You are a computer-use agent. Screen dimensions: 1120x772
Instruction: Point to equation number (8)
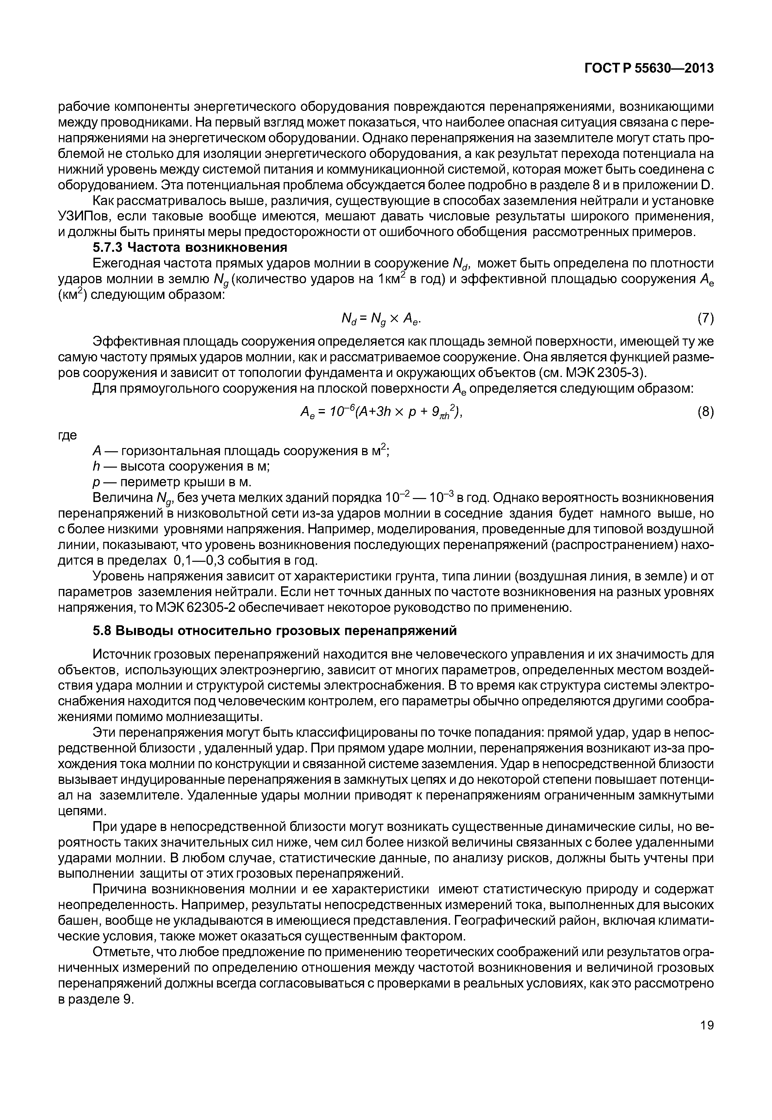[706, 412]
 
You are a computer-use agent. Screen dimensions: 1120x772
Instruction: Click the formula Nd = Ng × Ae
[385, 319]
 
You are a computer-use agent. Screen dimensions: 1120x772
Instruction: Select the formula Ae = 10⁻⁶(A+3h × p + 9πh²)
[382, 412]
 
